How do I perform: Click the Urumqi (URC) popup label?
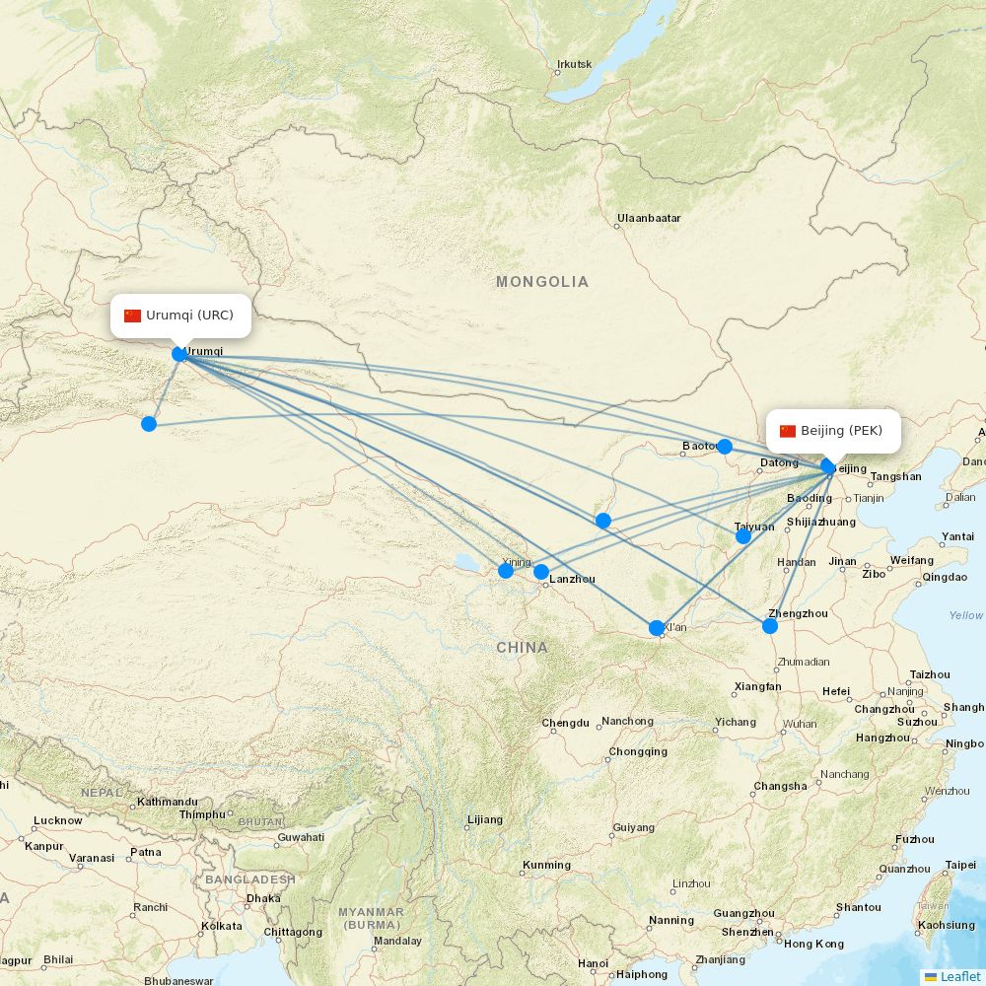point(180,316)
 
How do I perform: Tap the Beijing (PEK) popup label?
point(833,431)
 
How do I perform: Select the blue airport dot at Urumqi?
point(179,354)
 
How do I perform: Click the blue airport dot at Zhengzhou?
point(770,625)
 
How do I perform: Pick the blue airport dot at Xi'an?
point(657,628)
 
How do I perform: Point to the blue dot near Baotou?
point(725,447)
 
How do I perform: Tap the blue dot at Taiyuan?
point(743,536)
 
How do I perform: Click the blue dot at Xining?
point(506,571)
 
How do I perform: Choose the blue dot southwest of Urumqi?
point(149,424)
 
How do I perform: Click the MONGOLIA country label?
point(542,282)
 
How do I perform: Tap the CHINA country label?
point(522,648)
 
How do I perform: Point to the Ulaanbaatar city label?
point(649,218)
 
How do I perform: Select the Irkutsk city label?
point(574,65)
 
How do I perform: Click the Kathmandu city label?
point(168,802)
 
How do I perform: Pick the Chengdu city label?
point(565,723)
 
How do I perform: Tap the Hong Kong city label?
point(813,944)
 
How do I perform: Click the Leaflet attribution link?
point(959,976)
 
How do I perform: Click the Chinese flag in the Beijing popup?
point(788,431)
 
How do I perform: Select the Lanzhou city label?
point(572,580)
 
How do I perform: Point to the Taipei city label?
point(960,865)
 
